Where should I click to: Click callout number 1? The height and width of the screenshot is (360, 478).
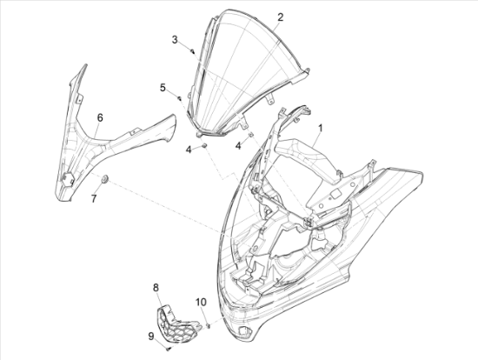[321, 128]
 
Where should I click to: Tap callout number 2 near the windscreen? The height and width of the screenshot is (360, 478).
[280, 17]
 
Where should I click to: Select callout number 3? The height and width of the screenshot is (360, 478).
[175, 40]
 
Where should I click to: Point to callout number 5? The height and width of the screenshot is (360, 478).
[163, 88]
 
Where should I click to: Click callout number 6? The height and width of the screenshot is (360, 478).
[100, 117]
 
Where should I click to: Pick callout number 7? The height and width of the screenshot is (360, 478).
[94, 198]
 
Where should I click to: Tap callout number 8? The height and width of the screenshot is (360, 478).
[156, 287]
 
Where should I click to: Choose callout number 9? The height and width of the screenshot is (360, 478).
[151, 337]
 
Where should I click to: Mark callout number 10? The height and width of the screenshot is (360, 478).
[201, 303]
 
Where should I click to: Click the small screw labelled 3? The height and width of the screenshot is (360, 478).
[192, 51]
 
